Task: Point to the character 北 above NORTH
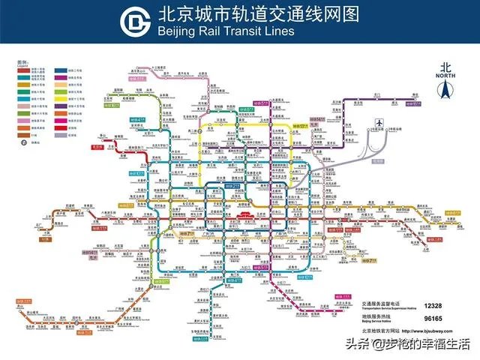(445, 66)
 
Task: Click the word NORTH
(445, 76)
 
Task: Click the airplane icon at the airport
(379, 122)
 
